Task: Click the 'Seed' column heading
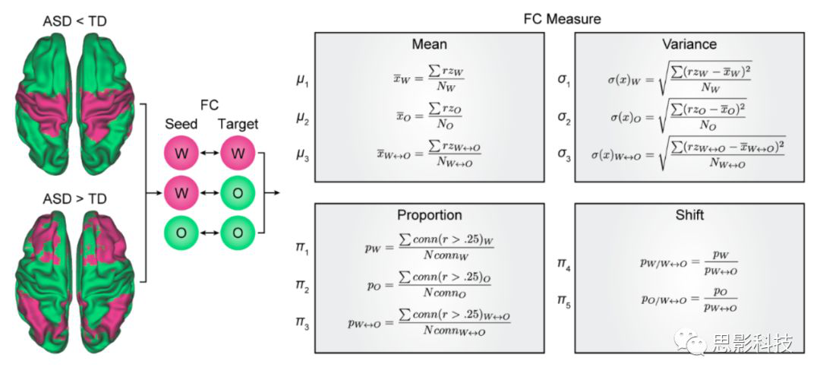coord(181,124)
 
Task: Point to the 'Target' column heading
coord(238,124)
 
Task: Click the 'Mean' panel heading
coord(429,45)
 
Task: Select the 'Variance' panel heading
coord(689,45)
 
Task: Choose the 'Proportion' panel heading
coord(429,215)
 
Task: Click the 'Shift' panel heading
coord(689,215)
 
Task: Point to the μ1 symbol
coord(303,79)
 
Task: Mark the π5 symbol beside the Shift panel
coord(564,302)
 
